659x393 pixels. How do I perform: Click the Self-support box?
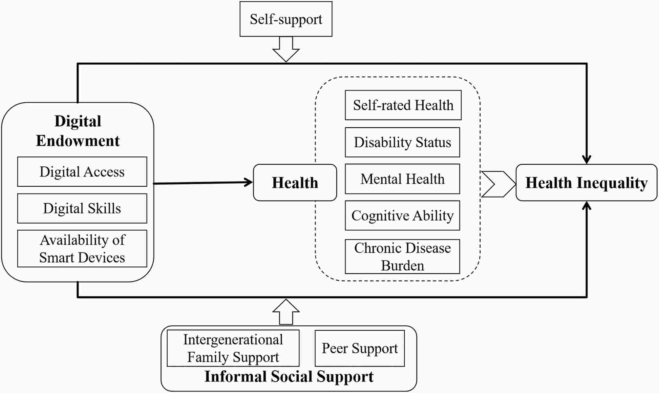286,19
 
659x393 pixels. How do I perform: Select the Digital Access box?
82,172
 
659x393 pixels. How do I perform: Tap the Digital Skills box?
82,208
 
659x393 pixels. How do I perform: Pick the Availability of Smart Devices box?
82,249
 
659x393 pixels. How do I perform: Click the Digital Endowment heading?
78,131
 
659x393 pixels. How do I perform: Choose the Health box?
295,183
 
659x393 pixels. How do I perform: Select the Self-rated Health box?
403,105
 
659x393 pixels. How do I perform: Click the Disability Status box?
402,142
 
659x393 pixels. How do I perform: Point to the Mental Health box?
402,179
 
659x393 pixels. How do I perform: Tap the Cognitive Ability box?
402,216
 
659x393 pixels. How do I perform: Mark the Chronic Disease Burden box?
402,257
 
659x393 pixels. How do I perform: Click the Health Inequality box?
586,183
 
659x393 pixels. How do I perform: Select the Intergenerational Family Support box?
233,348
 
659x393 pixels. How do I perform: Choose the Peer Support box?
360,348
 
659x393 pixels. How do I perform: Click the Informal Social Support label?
289,377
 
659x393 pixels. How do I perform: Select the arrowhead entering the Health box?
248,183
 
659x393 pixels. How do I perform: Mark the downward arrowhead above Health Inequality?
586,159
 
